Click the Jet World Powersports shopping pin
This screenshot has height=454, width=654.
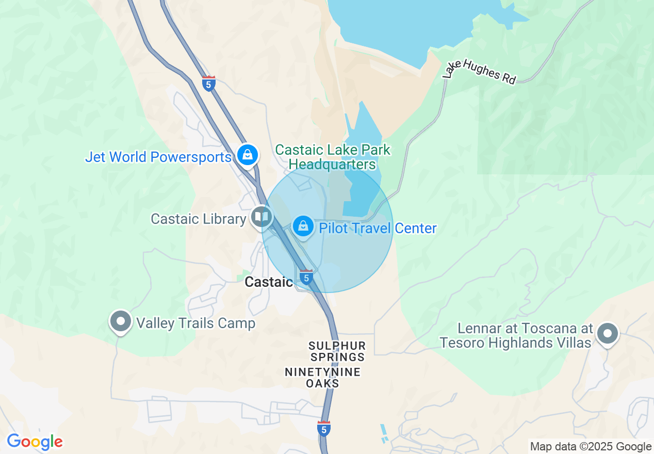point(248,154)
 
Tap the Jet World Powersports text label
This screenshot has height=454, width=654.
point(158,157)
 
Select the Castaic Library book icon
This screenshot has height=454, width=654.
point(261,217)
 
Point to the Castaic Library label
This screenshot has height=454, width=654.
point(198,219)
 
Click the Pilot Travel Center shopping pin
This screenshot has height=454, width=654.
point(304,226)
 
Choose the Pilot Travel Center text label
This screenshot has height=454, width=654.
point(378,228)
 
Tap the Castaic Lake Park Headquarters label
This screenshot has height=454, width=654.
point(333,157)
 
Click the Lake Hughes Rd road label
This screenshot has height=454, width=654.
point(480,72)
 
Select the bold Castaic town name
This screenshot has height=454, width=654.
point(269,282)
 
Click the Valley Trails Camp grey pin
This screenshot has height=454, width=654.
point(121,321)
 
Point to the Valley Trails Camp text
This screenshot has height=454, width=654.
point(195,323)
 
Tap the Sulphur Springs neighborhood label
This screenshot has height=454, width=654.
point(337,351)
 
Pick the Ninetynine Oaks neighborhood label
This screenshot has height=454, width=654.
point(323,378)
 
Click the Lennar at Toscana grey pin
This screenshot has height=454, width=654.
point(608,333)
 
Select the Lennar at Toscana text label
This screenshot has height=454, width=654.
point(516,335)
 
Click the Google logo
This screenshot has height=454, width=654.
point(35,442)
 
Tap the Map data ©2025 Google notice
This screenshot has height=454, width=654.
point(591,447)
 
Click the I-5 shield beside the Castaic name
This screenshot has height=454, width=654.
point(306,277)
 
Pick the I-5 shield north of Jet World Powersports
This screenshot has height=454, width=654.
point(209,83)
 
